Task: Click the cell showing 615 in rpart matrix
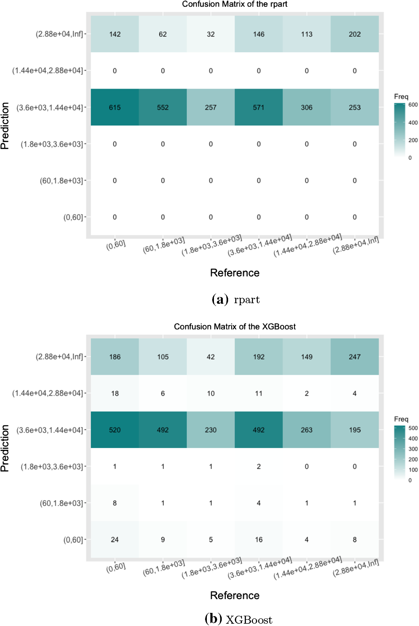[115, 107]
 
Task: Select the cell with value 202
[354, 34]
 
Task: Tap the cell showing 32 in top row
[211, 34]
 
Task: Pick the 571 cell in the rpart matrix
[259, 107]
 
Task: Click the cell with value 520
[115, 430]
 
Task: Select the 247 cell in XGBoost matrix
[354, 357]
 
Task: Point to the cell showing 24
[115, 540]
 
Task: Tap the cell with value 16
[259, 540]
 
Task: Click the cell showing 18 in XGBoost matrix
[115, 393]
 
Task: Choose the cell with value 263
[307, 430]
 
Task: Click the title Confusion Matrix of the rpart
[235, 4]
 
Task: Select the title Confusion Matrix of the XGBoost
[235, 326]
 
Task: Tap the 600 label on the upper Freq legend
[413, 105]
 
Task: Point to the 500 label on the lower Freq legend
[413, 428]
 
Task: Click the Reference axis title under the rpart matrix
[235, 273]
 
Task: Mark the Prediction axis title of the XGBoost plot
[5, 448]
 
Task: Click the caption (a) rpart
[236, 300]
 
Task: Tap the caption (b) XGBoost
[238, 619]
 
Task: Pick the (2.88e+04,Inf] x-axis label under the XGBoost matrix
[355, 568]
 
